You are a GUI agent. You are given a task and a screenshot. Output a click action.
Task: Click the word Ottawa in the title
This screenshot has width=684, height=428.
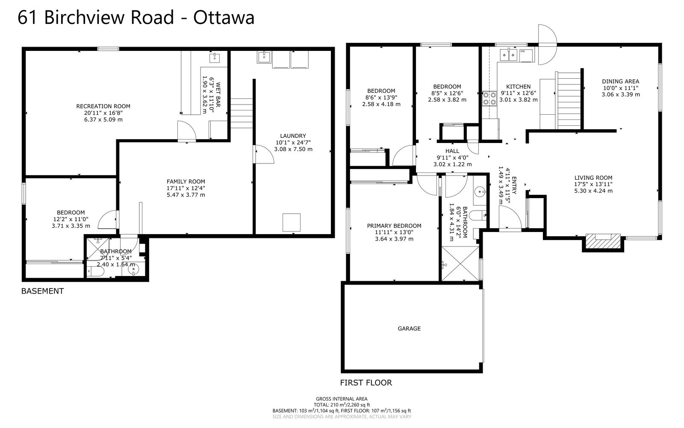click(224, 18)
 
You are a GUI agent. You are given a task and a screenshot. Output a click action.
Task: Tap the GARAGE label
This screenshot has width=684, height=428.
click(409, 329)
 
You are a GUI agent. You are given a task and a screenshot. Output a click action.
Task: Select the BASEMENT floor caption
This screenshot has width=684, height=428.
click(42, 291)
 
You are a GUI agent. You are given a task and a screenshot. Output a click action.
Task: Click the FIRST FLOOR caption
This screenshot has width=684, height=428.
click(366, 383)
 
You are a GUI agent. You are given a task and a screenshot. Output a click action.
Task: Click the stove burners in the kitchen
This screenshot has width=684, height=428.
click(489, 98)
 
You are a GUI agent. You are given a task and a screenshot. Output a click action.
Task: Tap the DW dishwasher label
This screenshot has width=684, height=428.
click(523, 51)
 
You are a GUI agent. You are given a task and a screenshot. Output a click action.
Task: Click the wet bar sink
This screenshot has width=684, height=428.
click(215, 57)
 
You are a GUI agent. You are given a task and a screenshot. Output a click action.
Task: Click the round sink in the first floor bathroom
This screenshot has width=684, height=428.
click(481, 192)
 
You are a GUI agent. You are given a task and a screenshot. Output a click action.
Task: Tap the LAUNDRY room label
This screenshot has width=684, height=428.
click(293, 136)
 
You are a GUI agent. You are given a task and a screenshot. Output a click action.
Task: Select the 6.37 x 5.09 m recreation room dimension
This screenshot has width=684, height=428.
click(103, 119)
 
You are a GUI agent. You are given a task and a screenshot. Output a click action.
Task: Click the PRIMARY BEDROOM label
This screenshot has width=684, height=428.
click(394, 226)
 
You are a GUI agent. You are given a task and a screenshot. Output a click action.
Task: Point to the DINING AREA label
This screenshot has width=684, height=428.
click(620, 81)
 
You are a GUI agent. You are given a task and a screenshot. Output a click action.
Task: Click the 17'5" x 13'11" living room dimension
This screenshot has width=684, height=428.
click(593, 184)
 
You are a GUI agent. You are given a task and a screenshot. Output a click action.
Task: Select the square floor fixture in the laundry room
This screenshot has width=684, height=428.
click(292, 223)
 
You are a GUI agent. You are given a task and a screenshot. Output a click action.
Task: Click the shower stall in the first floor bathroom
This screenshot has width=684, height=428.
click(460, 264)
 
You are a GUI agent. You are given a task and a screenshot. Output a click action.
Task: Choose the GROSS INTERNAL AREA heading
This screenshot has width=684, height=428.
click(342, 399)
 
